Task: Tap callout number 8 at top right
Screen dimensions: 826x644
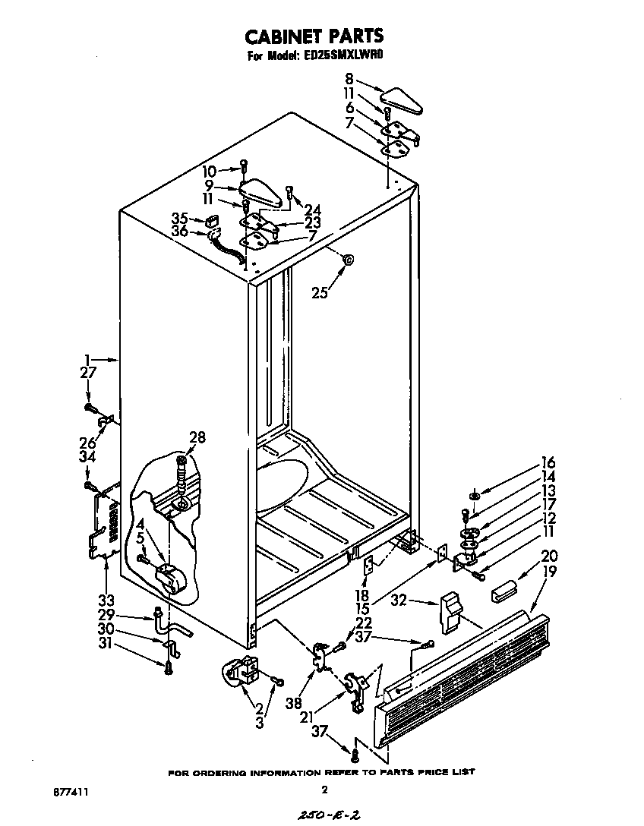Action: [349, 78]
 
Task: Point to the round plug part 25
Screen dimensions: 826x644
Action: [347, 260]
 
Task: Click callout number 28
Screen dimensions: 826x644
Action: [197, 438]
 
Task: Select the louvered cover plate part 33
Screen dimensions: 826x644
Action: [101, 524]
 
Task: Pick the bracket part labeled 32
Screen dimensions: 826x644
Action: [449, 612]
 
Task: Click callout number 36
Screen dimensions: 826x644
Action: [179, 232]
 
